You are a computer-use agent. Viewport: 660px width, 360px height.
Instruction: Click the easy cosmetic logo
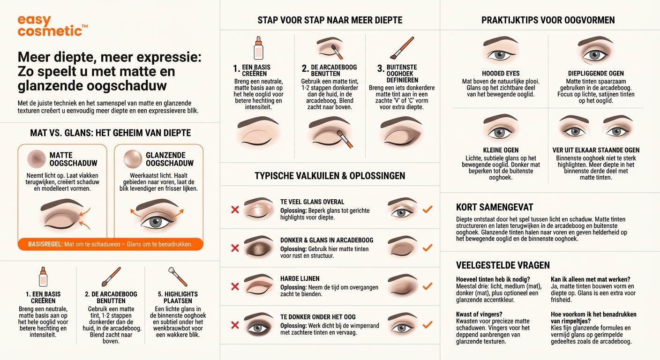(x=52, y=26)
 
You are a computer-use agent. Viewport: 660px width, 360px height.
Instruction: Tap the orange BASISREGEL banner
(x=111, y=244)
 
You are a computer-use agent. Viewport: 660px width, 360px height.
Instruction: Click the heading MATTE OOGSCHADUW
(x=73, y=159)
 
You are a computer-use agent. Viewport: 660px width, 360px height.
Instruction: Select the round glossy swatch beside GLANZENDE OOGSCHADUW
(x=133, y=159)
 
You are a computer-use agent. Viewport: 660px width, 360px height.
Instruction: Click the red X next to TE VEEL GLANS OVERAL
(x=235, y=210)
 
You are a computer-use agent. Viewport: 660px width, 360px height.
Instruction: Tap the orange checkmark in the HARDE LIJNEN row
(x=427, y=286)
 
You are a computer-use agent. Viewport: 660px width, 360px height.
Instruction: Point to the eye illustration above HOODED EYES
(x=500, y=51)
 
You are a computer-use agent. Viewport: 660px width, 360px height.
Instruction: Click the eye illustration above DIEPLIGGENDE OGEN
(x=595, y=51)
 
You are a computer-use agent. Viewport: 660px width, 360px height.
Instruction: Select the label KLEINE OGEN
(x=500, y=150)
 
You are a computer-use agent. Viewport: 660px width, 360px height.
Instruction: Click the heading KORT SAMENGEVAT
(x=495, y=207)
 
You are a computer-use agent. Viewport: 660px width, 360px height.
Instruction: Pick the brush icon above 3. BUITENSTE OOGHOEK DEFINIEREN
(x=402, y=48)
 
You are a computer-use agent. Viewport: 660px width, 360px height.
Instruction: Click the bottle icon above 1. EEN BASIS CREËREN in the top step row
(x=258, y=48)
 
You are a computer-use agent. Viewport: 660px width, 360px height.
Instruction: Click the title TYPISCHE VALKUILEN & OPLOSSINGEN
(x=330, y=176)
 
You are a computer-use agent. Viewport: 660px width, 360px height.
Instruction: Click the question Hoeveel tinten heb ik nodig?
(x=493, y=279)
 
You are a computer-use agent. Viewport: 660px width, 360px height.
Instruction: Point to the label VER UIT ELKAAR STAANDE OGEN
(x=596, y=150)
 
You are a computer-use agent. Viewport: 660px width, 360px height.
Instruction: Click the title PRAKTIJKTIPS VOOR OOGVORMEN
(x=548, y=20)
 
